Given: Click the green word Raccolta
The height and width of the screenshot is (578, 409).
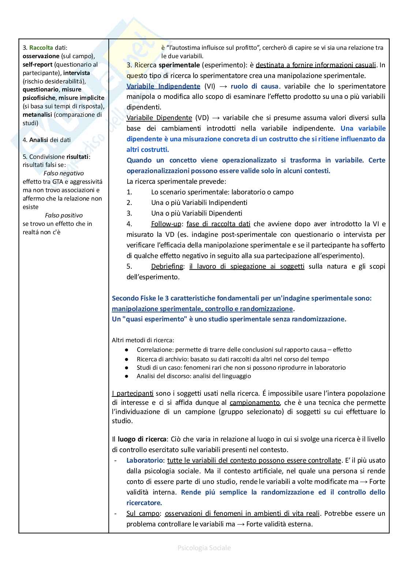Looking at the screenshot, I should pos(41,48).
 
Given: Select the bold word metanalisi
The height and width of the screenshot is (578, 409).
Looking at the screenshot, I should pos(37,115).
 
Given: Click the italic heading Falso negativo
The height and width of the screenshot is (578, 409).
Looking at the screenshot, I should pos(64,173).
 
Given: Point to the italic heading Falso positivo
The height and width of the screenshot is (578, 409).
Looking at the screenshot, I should pos(64,215).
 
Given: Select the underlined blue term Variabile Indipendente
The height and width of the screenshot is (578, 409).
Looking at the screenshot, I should pos(163,86).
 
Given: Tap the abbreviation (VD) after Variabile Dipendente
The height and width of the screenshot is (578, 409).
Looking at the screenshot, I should pos(202,118).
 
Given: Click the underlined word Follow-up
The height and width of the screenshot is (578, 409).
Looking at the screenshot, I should pos(166,224).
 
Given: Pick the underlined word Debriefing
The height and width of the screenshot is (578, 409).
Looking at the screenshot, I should pos(167,266).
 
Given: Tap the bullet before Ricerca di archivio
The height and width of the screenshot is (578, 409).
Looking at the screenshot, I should pos(127,359).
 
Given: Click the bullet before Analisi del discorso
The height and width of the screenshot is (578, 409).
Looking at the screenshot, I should pos(127,376).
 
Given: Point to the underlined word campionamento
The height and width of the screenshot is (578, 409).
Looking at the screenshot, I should pos(255,403).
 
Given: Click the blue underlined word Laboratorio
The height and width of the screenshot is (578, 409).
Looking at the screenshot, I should pos(145,460).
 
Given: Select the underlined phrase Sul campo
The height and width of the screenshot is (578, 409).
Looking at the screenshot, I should pos(143,514).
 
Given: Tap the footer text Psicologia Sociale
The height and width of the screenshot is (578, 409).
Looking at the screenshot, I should pos(204,548).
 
